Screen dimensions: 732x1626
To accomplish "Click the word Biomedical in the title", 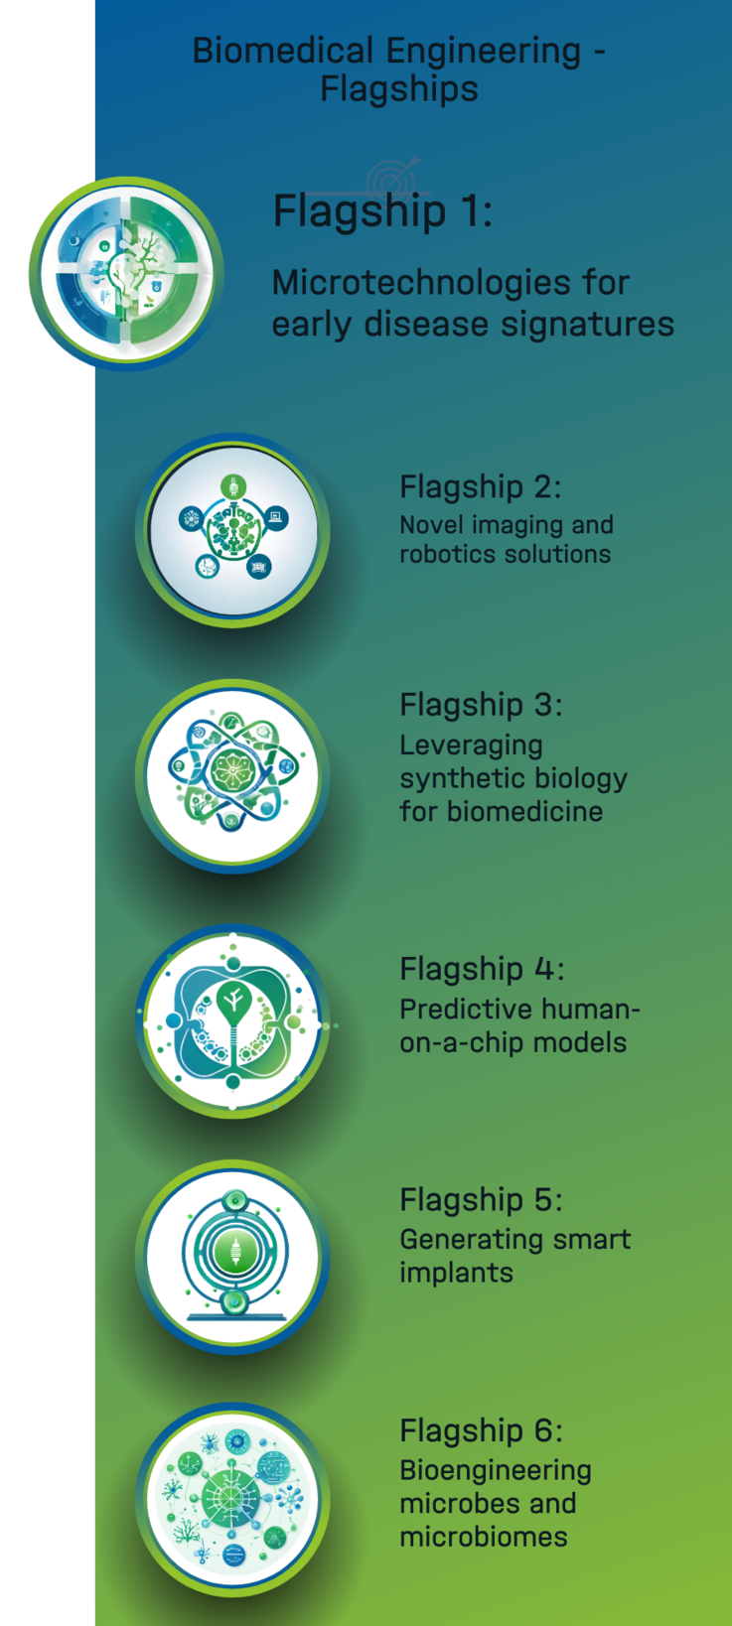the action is tap(283, 52).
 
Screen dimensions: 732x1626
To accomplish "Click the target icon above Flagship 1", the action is tap(393, 179).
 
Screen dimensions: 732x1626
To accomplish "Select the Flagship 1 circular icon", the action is tap(126, 274).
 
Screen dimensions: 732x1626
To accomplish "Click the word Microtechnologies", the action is tap(421, 282).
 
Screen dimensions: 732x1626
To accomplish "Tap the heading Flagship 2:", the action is tap(481, 487).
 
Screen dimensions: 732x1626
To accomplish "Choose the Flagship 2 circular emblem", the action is tap(232, 530).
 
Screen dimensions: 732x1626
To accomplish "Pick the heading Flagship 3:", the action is tap(482, 705).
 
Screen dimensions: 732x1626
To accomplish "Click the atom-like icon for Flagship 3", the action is tap(232, 776).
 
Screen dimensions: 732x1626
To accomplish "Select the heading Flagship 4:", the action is tap(482, 969).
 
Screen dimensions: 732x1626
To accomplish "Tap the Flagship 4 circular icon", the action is tap(232, 1021).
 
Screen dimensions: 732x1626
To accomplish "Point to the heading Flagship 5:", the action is tap(482, 1200).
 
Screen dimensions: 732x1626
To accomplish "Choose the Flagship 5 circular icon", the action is tap(232, 1257).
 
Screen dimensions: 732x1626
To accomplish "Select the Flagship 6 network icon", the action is tap(232, 1500).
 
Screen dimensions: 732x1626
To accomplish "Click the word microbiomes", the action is tap(484, 1537).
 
